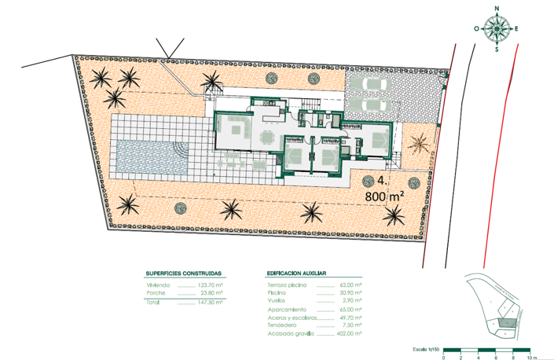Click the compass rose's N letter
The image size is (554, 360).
pyautogui.click(x=497, y=9)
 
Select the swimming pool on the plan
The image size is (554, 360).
pyautogui.click(x=150, y=158)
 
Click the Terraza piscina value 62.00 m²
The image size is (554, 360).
pyautogui.click(x=350, y=285)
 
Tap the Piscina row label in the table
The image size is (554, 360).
pyautogui.click(x=277, y=292)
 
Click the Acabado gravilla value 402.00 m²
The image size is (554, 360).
pyautogui.click(x=348, y=333)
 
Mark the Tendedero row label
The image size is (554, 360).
pyautogui.click(x=282, y=325)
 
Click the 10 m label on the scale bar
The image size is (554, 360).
pyautogui.click(x=534, y=358)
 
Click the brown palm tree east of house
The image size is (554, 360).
pyautogui.click(x=419, y=143)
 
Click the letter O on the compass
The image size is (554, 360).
pyautogui.click(x=477, y=29)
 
